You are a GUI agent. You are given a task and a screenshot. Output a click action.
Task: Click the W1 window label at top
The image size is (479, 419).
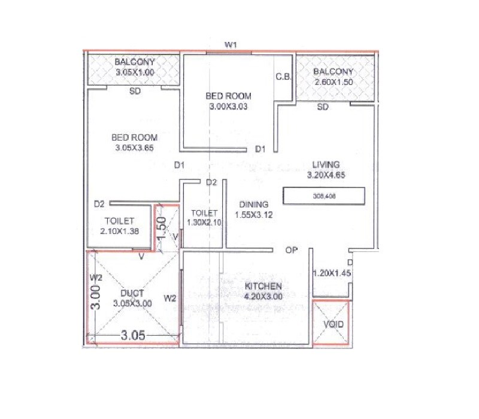click(x=232, y=45)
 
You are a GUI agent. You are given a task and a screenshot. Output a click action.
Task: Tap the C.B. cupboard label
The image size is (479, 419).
click(x=283, y=77)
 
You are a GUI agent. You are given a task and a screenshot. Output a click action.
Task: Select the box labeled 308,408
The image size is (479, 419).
click(x=324, y=196)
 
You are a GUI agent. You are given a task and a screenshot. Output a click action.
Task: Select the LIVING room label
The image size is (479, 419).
click(x=325, y=165)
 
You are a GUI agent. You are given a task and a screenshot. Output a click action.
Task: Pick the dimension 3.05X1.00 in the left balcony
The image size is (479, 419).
click(x=135, y=72)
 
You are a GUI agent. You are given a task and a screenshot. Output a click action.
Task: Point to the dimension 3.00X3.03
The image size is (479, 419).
click(x=228, y=107)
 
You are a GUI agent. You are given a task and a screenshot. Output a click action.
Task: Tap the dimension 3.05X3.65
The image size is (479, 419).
click(x=134, y=148)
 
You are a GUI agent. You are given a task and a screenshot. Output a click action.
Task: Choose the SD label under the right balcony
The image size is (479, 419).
click(x=323, y=108)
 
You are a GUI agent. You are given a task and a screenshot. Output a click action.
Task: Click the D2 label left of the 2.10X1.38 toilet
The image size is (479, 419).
click(x=99, y=204)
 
